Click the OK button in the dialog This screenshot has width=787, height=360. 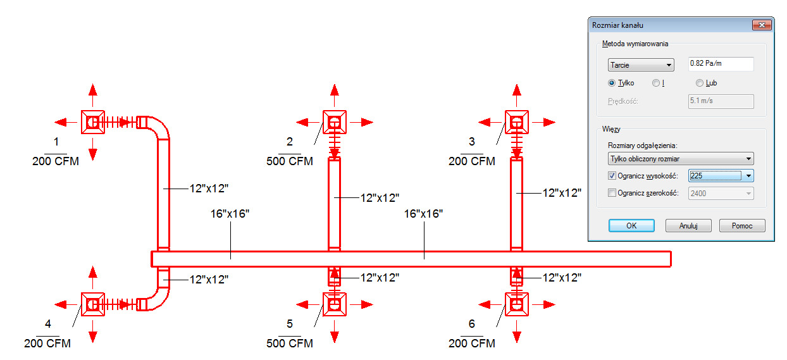tap(631, 225)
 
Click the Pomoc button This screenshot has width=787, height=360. tap(742, 225)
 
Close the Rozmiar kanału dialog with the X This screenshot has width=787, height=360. tap(762, 25)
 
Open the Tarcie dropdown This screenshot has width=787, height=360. tap(641, 65)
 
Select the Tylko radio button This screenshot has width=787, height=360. tap(612, 83)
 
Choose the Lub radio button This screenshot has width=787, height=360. tap(700, 83)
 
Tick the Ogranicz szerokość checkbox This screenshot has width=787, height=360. tap(612, 193)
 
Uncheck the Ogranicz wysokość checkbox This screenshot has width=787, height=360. tap(612, 176)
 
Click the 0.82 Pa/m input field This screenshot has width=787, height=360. tap(721, 64)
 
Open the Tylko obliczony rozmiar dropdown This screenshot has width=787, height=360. tap(681, 159)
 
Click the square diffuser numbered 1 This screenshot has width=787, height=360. tap(93, 122)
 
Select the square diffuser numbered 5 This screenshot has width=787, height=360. tap(335, 304)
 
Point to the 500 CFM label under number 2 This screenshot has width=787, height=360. tap(290, 161)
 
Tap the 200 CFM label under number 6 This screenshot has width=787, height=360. tap(471, 343)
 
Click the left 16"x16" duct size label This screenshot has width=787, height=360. tap(230, 214)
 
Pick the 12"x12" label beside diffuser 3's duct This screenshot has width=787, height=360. tap(562, 193)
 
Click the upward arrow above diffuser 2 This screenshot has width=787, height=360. tap(335, 95)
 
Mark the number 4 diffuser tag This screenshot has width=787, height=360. tap(48, 323)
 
